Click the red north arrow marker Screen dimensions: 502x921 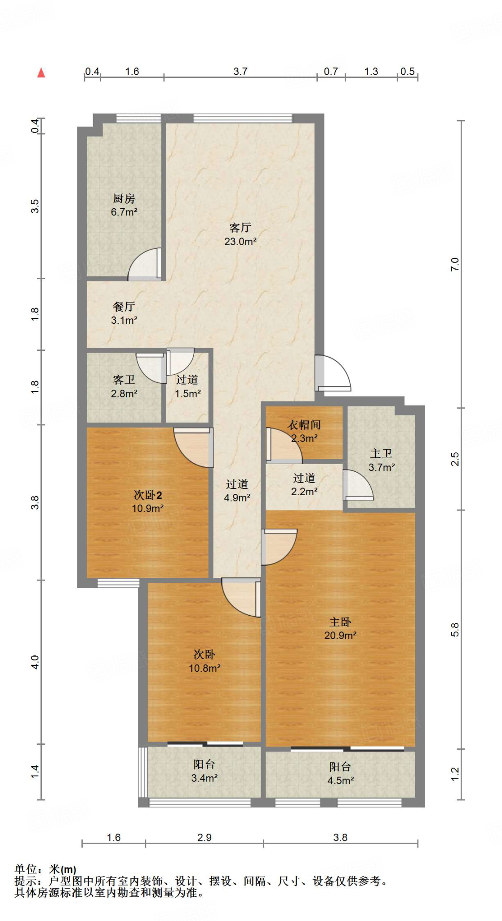pyautogui.click(x=41, y=72)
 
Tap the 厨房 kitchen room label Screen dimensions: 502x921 pyautogui.click(x=124, y=198)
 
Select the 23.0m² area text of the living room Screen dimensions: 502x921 pyautogui.click(x=240, y=241)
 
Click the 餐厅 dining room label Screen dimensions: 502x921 pyautogui.click(x=124, y=307)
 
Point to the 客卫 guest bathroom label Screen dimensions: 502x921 pyautogui.click(x=124, y=380)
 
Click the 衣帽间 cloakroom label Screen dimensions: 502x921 pyautogui.click(x=304, y=425)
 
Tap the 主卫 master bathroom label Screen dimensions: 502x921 pyautogui.click(x=382, y=454)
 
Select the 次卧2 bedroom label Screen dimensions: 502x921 pyautogui.click(x=148, y=495)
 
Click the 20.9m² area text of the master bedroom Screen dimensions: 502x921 pyautogui.click(x=340, y=635)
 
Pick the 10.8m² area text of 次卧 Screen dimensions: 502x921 pyautogui.click(x=204, y=668)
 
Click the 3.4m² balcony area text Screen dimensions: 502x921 pyautogui.click(x=204, y=778)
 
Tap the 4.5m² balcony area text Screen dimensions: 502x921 pyautogui.click(x=341, y=781)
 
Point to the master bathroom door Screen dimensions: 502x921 pyautogui.click(x=358, y=485)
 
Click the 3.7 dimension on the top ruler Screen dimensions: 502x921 pyautogui.click(x=240, y=72)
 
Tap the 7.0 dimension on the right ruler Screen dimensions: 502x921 pyautogui.click(x=455, y=264)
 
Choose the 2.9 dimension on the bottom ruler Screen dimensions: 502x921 pyautogui.click(x=204, y=837)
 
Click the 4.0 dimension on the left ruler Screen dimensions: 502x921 pyautogui.click(x=35, y=662)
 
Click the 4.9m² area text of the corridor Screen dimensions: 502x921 pyautogui.click(x=237, y=498)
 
